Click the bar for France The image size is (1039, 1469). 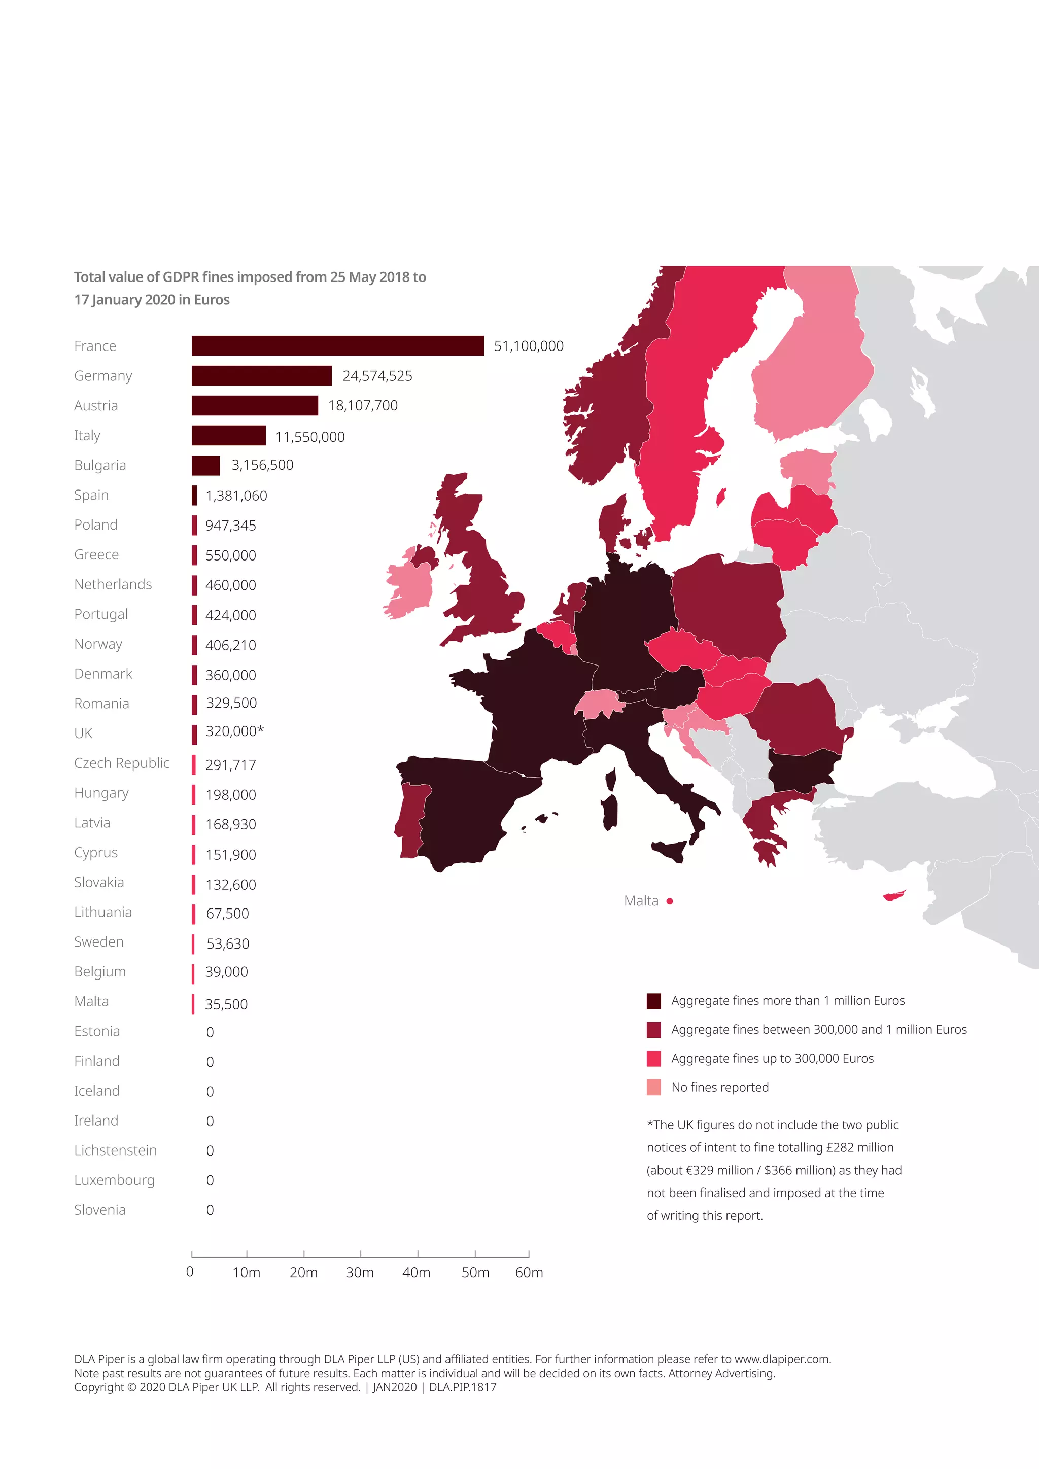337,345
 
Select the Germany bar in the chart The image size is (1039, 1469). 261,375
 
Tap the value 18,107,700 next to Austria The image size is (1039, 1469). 363,406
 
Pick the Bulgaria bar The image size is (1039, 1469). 205,465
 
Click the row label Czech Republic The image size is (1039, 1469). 122,763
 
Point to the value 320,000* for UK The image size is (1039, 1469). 234,731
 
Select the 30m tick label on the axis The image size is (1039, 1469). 360,1273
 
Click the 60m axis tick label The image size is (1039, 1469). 529,1273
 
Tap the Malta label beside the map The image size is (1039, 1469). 641,901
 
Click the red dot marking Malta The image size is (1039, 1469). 670,901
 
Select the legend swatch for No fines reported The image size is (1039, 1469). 653,1087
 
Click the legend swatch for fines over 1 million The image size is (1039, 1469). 653,1001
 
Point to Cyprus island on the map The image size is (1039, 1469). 894,895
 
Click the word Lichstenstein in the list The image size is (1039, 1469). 115,1150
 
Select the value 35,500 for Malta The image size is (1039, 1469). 226,1004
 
